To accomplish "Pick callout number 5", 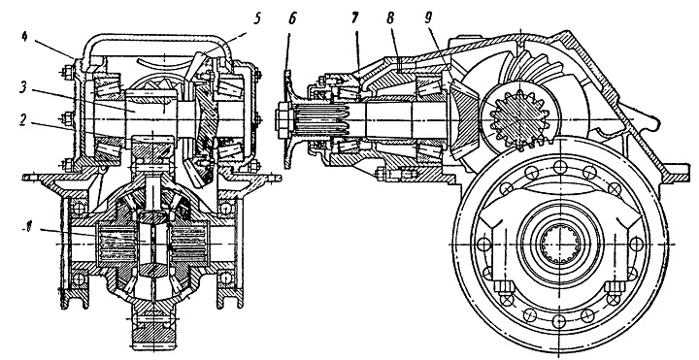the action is pos(257,19).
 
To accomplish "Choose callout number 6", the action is pos(292,18).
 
